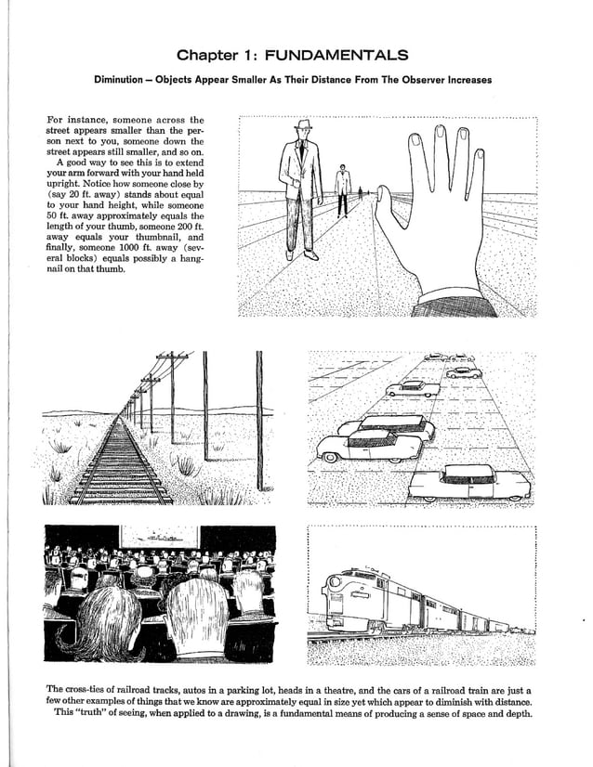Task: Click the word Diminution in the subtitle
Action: click(126, 80)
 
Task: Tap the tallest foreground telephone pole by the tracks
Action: click(259, 418)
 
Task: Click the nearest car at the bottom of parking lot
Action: click(469, 483)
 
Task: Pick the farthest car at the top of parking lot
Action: click(437, 357)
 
